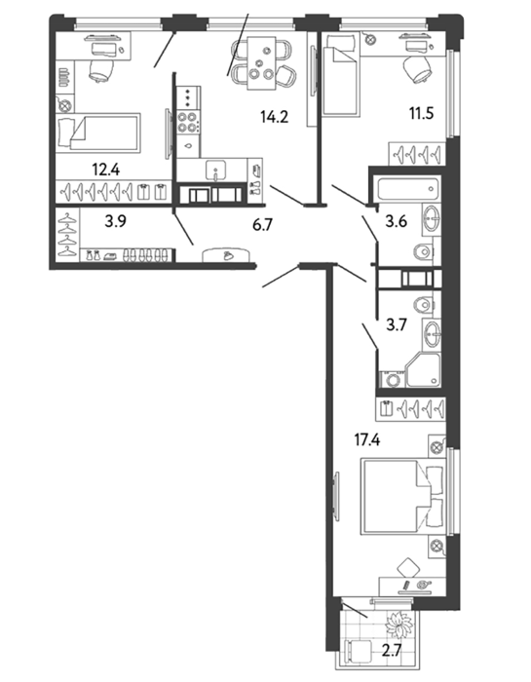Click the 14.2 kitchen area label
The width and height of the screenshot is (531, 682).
point(275,117)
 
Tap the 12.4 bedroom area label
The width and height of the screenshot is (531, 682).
point(105,170)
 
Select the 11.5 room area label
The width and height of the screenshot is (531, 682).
point(421,114)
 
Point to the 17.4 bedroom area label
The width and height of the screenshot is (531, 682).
point(366,440)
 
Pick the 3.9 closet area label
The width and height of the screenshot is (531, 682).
point(115,221)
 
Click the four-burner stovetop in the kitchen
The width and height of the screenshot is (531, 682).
point(188,122)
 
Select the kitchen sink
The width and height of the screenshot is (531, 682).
point(216,170)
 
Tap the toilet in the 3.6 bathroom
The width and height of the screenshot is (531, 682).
point(423,251)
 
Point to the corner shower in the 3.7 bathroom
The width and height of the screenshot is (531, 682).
point(423,369)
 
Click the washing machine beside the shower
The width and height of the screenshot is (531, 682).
point(393,379)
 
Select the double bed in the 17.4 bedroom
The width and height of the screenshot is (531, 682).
point(403,496)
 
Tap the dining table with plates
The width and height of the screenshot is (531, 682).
point(262,64)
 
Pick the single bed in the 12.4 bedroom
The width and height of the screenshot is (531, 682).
point(98,133)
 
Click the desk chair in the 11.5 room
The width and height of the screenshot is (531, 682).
point(418,70)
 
